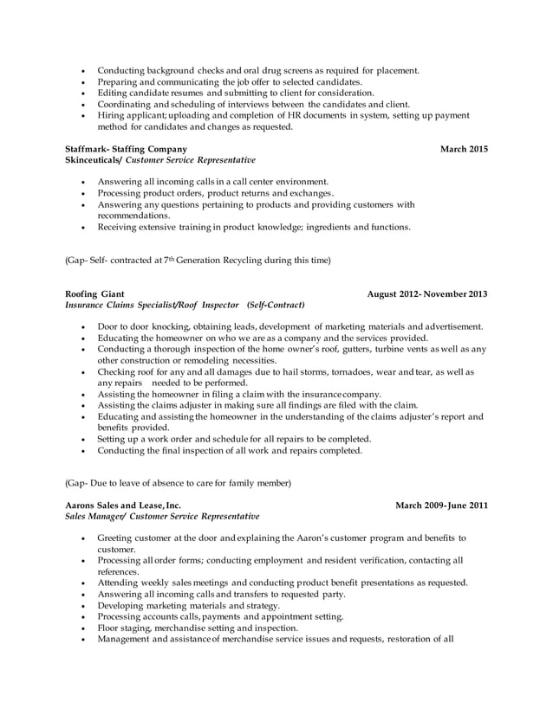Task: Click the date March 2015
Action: click(464, 150)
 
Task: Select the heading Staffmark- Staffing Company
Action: click(126, 150)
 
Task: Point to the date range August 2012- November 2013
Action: click(427, 294)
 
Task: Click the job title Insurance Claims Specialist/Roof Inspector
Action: click(153, 306)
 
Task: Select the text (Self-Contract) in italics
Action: click(275, 306)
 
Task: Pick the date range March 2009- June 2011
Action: click(441, 506)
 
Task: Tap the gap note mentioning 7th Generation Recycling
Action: click(198, 260)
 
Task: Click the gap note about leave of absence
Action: click(179, 482)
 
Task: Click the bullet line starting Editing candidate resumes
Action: click(236, 93)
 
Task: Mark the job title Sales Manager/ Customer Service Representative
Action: click(162, 517)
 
